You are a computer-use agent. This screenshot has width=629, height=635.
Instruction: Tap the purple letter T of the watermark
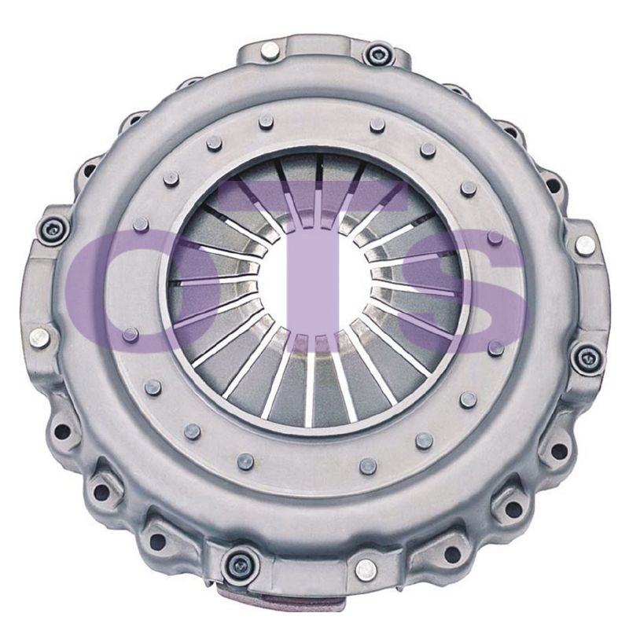pyautogui.click(x=312, y=263)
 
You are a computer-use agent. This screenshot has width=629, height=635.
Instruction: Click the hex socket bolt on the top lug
pyautogui.click(x=377, y=53)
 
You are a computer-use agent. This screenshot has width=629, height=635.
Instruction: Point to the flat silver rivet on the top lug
pyautogui.click(x=270, y=50)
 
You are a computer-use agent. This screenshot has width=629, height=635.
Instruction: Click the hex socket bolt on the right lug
pyautogui.click(x=587, y=357)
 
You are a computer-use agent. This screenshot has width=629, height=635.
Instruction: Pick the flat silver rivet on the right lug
pyautogui.click(x=584, y=245)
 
